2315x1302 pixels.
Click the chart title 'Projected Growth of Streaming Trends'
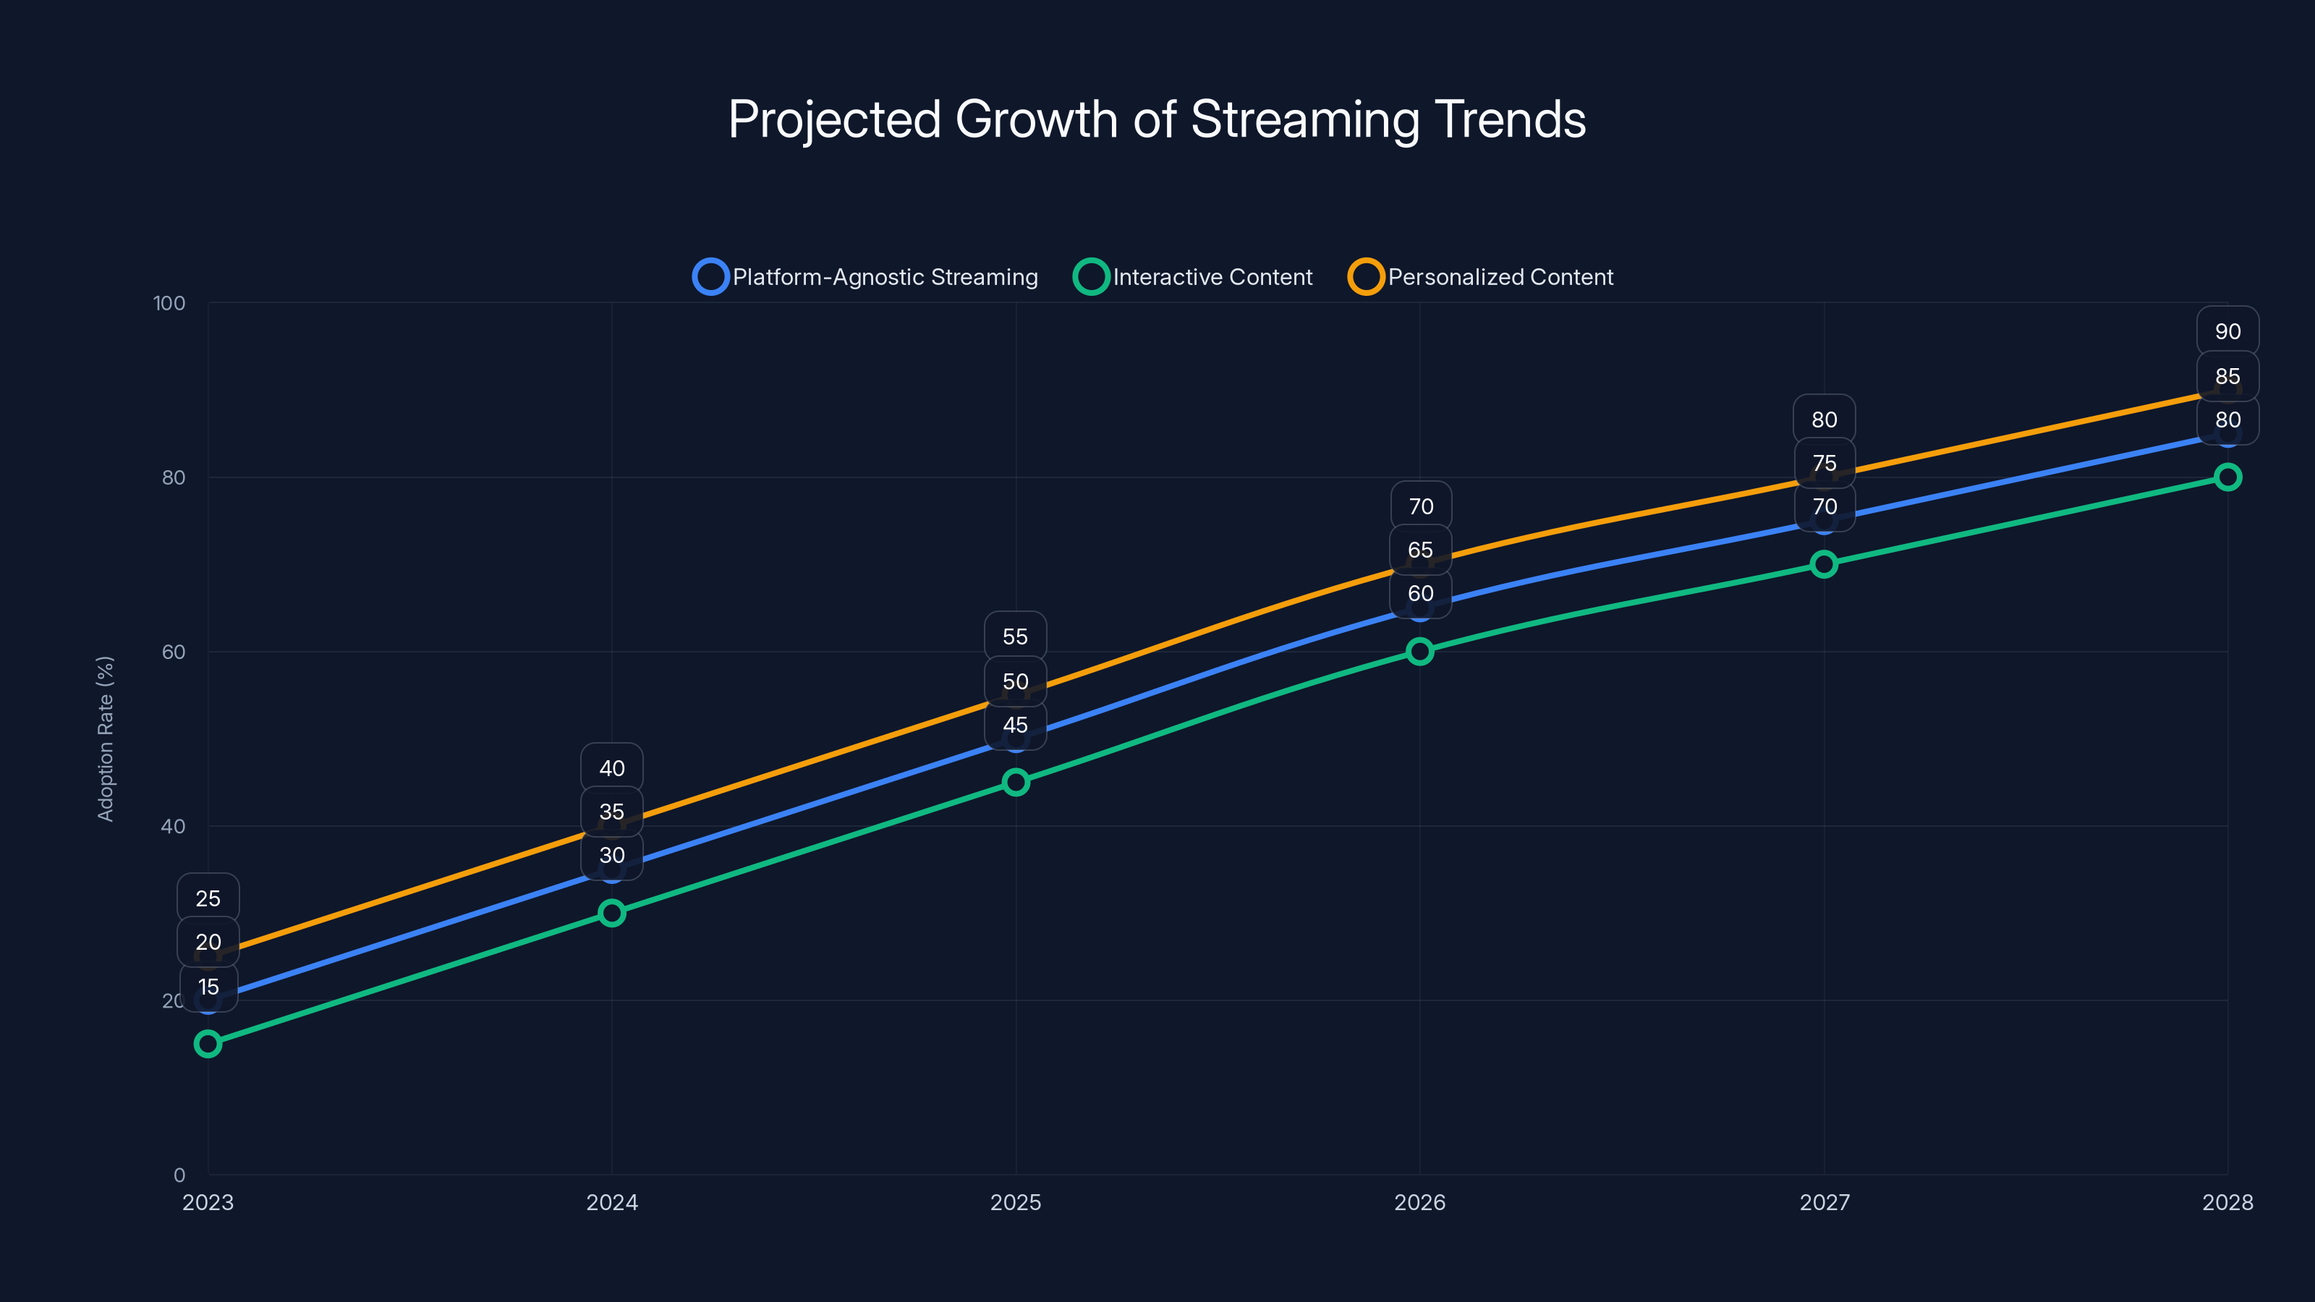coord(1157,119)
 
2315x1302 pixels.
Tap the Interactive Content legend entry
coord(1194,277)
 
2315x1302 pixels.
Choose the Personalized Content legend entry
coord(1481,277)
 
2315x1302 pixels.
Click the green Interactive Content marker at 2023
coord(208,1043)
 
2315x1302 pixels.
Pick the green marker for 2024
coord(612,913)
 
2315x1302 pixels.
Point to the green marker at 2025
coord(1016,782)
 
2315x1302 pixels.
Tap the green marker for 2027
coord(1823,564)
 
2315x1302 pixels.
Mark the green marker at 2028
coord(2227,477)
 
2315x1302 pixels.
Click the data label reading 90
coord(2227,331)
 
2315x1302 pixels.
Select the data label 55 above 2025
coord(1016,637)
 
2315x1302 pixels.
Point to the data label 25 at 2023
coord(208,898)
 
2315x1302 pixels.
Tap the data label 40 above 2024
coord(612,768)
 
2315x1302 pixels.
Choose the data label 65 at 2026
coord(1420,550)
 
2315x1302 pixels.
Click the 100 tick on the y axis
coord(169,303)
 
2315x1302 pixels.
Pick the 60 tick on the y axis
coord(174,652)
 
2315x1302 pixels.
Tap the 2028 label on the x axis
coord(2227,1202)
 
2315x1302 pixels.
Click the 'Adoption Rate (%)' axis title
coord(105,739)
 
